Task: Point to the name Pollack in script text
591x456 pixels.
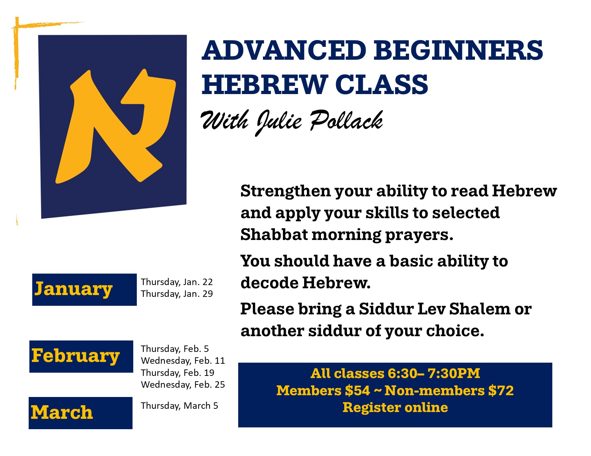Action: coord(346,121)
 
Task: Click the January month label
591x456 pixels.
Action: coord(73,289)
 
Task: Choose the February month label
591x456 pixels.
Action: coord(75,356)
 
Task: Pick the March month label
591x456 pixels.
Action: coord(62,412)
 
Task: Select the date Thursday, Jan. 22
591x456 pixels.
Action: coord(177,282)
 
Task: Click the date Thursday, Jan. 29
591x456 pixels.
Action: coord(177,294)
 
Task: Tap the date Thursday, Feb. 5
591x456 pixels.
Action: coord(175,349)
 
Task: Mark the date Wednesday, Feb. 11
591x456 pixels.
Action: coord(183,361)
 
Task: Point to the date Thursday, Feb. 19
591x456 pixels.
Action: coord(178,373)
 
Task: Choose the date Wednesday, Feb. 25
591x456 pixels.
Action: coord(183,385)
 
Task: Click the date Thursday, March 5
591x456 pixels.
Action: coord(179,406)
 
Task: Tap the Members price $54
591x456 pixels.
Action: coord(357,391)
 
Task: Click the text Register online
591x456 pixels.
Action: coord(395,408)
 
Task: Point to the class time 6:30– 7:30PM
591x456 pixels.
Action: coord(434,373)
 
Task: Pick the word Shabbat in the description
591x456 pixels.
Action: coord(274,234)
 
